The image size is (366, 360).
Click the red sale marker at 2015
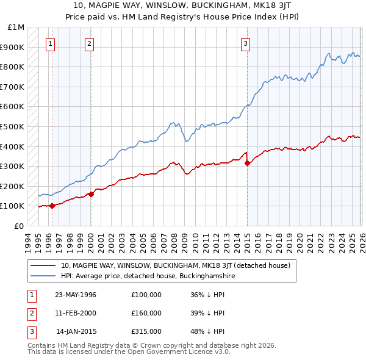247,163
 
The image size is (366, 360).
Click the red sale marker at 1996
52,206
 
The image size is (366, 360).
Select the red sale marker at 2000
91,194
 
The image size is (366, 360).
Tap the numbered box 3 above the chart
245,43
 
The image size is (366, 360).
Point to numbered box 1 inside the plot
50,43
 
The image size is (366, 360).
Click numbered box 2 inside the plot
89,43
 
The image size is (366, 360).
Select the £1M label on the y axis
16,27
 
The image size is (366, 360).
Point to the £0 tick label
20,226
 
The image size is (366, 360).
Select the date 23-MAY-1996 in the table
76,295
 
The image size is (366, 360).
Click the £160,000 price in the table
146,313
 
